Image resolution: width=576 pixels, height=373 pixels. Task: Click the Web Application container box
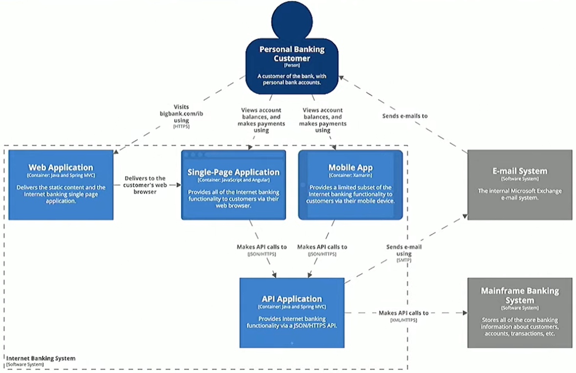point(61,185)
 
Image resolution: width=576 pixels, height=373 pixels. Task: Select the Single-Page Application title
point(234,172)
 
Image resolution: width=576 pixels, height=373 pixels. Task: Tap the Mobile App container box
point(350,185)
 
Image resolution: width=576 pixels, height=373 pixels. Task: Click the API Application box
point(292,313)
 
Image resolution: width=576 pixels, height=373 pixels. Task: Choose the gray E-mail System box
point(519,185)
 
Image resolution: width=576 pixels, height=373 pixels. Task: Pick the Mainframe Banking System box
point(519,313)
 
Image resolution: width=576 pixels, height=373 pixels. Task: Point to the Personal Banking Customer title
point(292,54)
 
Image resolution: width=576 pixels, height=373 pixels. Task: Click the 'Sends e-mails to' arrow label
point(405,116)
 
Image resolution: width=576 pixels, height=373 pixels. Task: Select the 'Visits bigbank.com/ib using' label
point(181,113)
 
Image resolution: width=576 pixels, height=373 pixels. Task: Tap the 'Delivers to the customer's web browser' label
point(145,185)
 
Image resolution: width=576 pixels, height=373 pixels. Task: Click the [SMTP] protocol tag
point(404,261)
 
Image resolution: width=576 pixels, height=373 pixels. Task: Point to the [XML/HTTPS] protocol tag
point(404,320)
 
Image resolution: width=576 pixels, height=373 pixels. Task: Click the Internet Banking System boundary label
point(41,358)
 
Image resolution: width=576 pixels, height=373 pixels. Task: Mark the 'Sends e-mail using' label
point(404,250)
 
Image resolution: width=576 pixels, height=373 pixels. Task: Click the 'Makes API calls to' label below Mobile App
point(322,247)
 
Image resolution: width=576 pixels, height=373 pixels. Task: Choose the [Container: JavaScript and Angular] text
point(234,180)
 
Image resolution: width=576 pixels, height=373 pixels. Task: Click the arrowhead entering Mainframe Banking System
point(464,313)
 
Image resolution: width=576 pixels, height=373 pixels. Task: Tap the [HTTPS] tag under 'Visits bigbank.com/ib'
point(181,127)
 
